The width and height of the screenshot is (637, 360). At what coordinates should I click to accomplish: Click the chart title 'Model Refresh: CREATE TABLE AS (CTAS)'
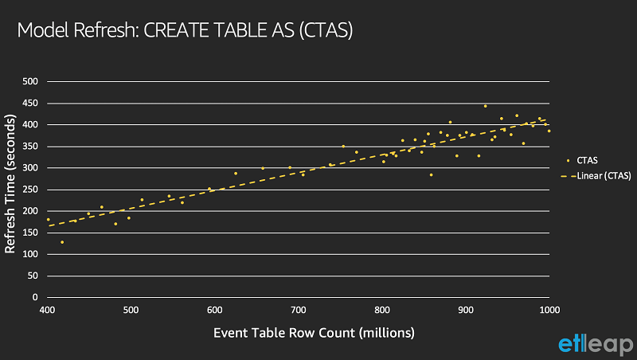click(x=185, y=31)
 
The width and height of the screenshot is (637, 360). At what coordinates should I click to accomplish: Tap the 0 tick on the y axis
click(x=35, y=297)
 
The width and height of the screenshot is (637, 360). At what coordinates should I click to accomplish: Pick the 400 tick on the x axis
click(x=48, y=310)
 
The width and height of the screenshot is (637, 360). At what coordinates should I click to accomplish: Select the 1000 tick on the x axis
click(x=549, y=310)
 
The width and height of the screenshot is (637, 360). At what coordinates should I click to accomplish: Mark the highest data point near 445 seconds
click(x=485, y=106)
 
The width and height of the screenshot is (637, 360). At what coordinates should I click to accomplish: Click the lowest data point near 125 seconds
click(x=62, y=242)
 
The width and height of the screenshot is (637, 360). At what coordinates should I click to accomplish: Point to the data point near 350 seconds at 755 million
click(x=343, y=146)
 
